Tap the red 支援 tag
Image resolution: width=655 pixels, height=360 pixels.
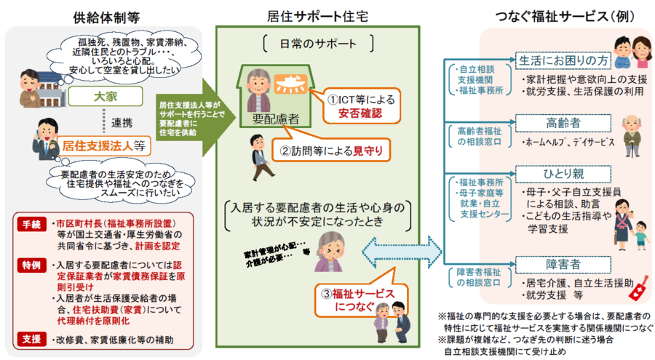tap(32, 338)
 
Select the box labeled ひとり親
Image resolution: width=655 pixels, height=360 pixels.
tap(560, 174)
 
